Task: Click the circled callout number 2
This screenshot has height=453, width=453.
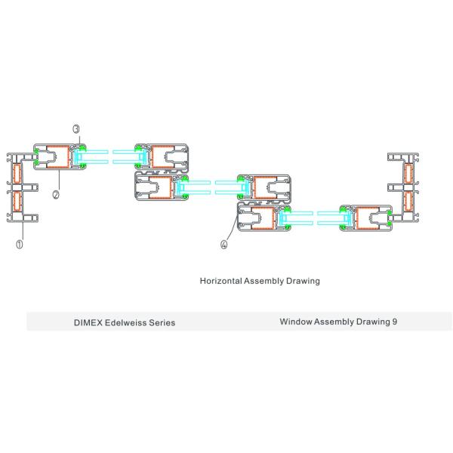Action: coord(56,193)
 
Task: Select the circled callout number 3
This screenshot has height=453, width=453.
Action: coord(76,129)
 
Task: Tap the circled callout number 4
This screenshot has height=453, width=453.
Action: coord(224,243)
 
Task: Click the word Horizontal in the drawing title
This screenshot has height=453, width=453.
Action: coord(220,280)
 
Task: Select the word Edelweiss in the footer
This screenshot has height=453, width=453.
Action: coord(127,322)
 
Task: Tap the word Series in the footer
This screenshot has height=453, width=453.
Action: coord(163,322)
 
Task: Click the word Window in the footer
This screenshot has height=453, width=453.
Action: coord(296,322)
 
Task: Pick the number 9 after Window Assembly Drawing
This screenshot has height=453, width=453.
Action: coord(395,322)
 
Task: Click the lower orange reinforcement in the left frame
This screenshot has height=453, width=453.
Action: coord(14,201)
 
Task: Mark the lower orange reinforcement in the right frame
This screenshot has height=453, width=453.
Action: coord(410,200)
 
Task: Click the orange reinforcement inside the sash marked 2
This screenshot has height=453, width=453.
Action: coord(57,156)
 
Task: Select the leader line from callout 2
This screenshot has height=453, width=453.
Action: coord(59,180)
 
